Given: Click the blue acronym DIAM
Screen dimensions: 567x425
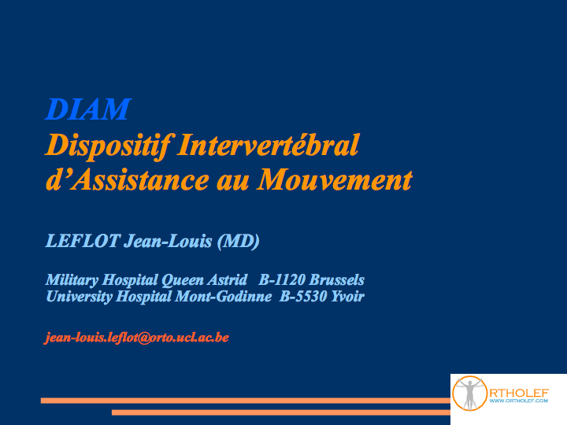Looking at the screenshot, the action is click(x=88, y=109).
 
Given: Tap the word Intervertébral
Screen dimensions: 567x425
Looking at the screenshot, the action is click(x=269, y=145).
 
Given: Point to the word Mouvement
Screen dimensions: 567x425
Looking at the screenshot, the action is click(x=335, y=179).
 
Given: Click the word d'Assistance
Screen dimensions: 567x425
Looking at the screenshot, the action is click(x=128, y=179).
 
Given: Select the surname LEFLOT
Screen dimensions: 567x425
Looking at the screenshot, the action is click(x=83, y=241).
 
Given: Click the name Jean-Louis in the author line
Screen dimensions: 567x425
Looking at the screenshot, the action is click(x=168, y=241).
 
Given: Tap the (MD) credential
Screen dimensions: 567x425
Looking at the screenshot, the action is click(x=239, y=242).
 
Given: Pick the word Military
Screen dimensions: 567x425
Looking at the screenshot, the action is click(x=72, y=280).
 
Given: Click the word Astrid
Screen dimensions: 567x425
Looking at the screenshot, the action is click(x=227, y=279).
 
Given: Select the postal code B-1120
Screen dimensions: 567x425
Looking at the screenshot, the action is click(x=282, y=279).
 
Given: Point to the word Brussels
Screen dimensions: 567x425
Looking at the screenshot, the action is click(x=337, y=279).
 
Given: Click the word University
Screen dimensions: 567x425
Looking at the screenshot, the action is click(x=80, y=297).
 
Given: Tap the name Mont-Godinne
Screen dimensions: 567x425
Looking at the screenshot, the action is click(x=224, y=297).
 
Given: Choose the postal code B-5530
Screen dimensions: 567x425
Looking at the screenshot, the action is click(x=303, y=297).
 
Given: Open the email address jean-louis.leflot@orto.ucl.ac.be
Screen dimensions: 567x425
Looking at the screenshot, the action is click(x=137, y=338).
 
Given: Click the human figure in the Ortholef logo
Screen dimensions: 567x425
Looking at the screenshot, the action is click(x=469, y=394).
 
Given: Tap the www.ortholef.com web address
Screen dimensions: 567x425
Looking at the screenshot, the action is click(x=518, y=401).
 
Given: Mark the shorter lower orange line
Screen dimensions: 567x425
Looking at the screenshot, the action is click(x=281, y=412).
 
